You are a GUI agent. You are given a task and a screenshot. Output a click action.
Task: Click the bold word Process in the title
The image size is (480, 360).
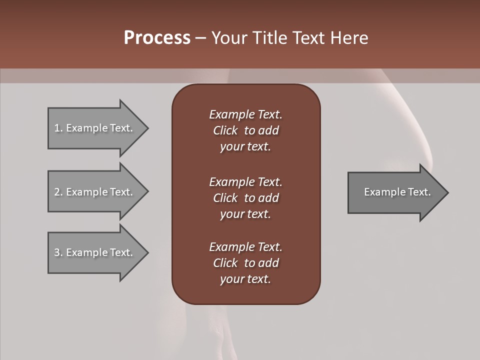tap(157, 38)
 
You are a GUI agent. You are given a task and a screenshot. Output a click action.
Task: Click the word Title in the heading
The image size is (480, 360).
tap(270, 38)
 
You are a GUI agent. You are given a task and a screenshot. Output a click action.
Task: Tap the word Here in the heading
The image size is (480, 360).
tap(349, 38)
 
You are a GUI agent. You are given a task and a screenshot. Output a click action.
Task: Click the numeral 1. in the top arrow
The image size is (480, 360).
tap(58, 128)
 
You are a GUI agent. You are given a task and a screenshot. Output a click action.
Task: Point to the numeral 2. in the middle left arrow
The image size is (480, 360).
tap(58, 192)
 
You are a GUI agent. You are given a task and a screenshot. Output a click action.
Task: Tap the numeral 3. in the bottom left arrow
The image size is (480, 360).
tap(58, 252)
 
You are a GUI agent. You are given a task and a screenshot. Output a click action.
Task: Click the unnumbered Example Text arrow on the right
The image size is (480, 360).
tap(397, 192)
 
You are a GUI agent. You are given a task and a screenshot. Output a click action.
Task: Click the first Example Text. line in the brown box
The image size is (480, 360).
tap(245, 114)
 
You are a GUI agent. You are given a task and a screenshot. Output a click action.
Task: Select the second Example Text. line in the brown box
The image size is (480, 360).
tap(245, 181)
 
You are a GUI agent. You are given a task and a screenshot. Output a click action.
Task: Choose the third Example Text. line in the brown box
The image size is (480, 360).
tap(245, 247)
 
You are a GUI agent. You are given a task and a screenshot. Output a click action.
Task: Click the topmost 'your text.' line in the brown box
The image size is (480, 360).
tap(245, 147)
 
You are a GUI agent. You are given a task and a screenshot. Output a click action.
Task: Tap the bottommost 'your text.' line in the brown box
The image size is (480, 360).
tap(245, 279)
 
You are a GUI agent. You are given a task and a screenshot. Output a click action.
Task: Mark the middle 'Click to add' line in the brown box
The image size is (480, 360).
tap(245, 198)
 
